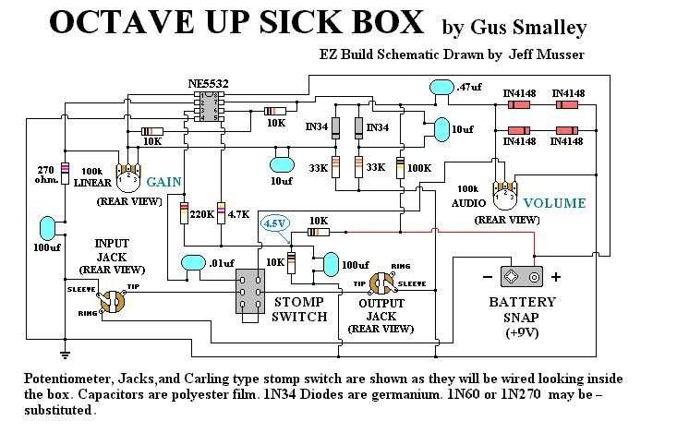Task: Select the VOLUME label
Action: pos(553,202)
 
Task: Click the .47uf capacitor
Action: pos(441,87)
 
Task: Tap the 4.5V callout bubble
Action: pos(274,223)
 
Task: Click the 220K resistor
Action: pos(184,214)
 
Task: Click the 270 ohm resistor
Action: pos(65,173)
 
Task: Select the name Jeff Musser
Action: pos(550,55)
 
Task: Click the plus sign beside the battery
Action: pos(556,276)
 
